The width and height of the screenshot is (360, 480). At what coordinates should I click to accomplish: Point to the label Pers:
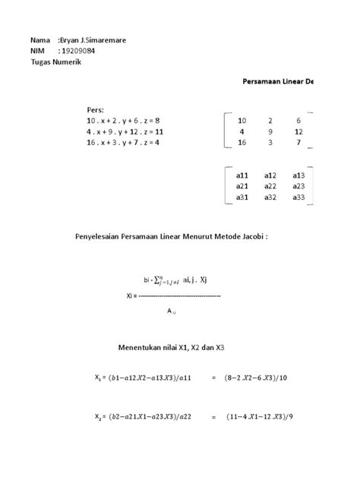pos(96,109)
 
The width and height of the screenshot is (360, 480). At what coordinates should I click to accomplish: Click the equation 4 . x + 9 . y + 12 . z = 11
pos(127,131)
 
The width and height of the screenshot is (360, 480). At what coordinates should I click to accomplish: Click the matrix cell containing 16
pos(242,142)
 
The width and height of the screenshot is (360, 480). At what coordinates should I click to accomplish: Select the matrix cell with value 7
pos(298,142)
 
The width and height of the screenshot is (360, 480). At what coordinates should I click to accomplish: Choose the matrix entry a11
pos(242,175)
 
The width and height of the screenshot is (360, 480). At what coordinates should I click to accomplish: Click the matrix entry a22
pos(270,186)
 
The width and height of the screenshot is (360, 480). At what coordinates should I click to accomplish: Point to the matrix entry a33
pos(298,197)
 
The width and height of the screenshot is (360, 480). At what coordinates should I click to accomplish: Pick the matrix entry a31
pos(242,197)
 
